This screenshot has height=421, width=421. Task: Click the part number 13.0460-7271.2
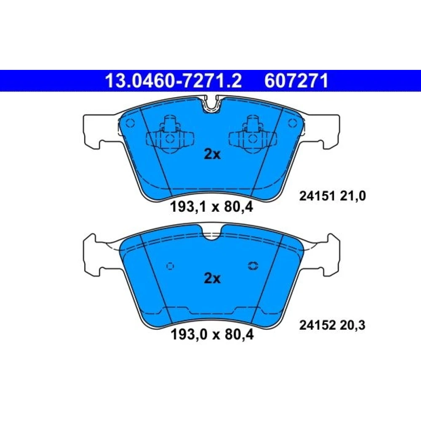[x=173, y=81]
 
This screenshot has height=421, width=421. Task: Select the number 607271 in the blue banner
[x=296, y=81]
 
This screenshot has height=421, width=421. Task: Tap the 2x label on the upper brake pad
[x=212, y=155]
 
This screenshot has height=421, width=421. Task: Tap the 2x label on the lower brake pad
[x=212, y=278]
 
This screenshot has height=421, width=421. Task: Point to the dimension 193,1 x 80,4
[x=212, y=207]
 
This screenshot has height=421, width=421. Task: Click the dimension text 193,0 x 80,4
[x=212, y=335]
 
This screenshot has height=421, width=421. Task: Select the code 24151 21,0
[x=333, y=196]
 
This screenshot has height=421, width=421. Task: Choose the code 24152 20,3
[x=332, y=325]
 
